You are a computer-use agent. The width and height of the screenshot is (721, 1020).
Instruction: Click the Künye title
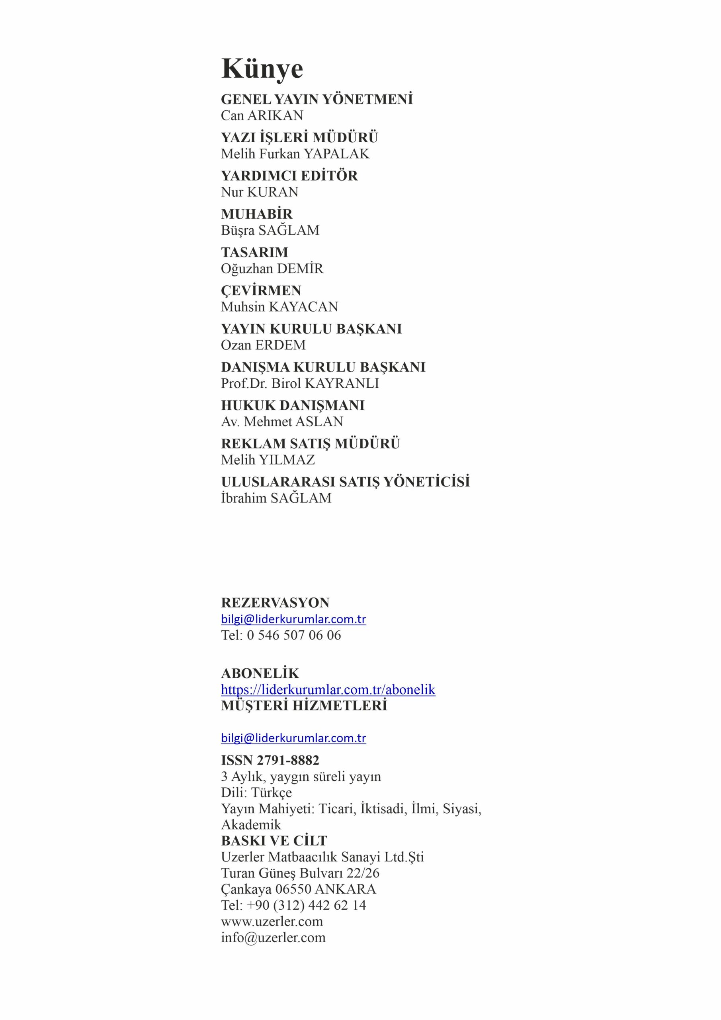262,69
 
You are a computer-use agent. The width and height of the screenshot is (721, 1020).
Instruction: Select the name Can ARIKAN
262,116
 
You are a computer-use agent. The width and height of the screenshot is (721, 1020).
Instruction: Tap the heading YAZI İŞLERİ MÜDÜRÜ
299,137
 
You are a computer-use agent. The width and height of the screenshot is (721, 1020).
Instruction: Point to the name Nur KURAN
260,192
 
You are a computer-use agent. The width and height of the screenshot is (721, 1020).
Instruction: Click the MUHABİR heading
257,214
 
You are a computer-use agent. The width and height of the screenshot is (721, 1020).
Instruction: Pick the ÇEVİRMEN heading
261,290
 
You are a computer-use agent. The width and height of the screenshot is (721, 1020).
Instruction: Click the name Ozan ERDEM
263,345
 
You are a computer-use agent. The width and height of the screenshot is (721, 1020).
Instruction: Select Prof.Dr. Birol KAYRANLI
300,383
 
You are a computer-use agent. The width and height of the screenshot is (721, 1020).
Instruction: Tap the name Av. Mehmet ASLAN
282,421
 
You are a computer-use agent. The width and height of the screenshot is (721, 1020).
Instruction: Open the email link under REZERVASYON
293,619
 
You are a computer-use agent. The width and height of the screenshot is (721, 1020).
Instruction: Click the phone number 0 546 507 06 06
294,635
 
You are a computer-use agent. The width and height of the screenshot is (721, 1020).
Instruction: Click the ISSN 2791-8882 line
270,760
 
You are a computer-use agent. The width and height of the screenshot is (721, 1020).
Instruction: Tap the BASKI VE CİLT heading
274,841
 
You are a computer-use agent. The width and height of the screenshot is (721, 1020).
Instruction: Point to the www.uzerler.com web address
272,921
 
